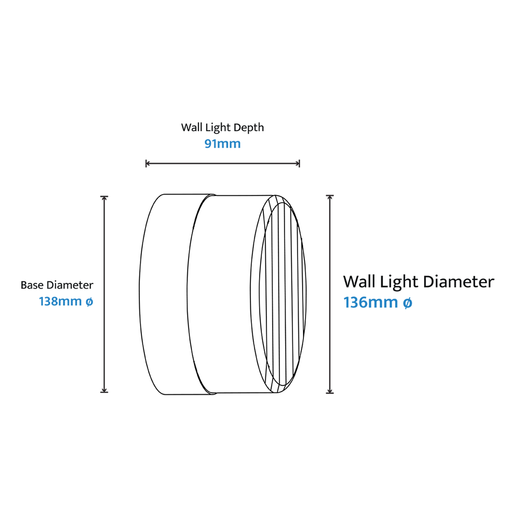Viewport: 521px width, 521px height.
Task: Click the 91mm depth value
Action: (x=222, y=144)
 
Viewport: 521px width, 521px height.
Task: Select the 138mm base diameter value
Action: (x=60, y=302)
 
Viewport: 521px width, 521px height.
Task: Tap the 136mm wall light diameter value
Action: (x=370, y=302)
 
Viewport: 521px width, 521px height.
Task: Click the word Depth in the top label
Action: (x=248, y=127)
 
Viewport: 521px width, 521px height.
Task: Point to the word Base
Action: (x=33, y=285)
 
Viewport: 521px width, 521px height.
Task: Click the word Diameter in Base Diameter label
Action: (x=70, y=285)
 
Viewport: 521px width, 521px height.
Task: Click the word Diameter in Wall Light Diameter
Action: (x=459, y=281)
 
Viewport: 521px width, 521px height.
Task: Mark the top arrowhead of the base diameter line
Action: (x=104, y=198)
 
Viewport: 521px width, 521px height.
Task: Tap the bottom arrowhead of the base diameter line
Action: (x=104, y=390)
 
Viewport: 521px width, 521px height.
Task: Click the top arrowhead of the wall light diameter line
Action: (x=329, y=197)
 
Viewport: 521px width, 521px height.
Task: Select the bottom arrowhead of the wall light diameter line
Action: (x=329, y=391)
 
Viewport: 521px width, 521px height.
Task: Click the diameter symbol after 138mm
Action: (x=89, y=302)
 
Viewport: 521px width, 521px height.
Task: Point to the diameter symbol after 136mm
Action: (x=407, y=302)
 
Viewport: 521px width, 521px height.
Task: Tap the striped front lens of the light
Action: (x=282, y=295)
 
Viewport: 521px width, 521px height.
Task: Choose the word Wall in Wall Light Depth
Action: (x=192, y=127)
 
